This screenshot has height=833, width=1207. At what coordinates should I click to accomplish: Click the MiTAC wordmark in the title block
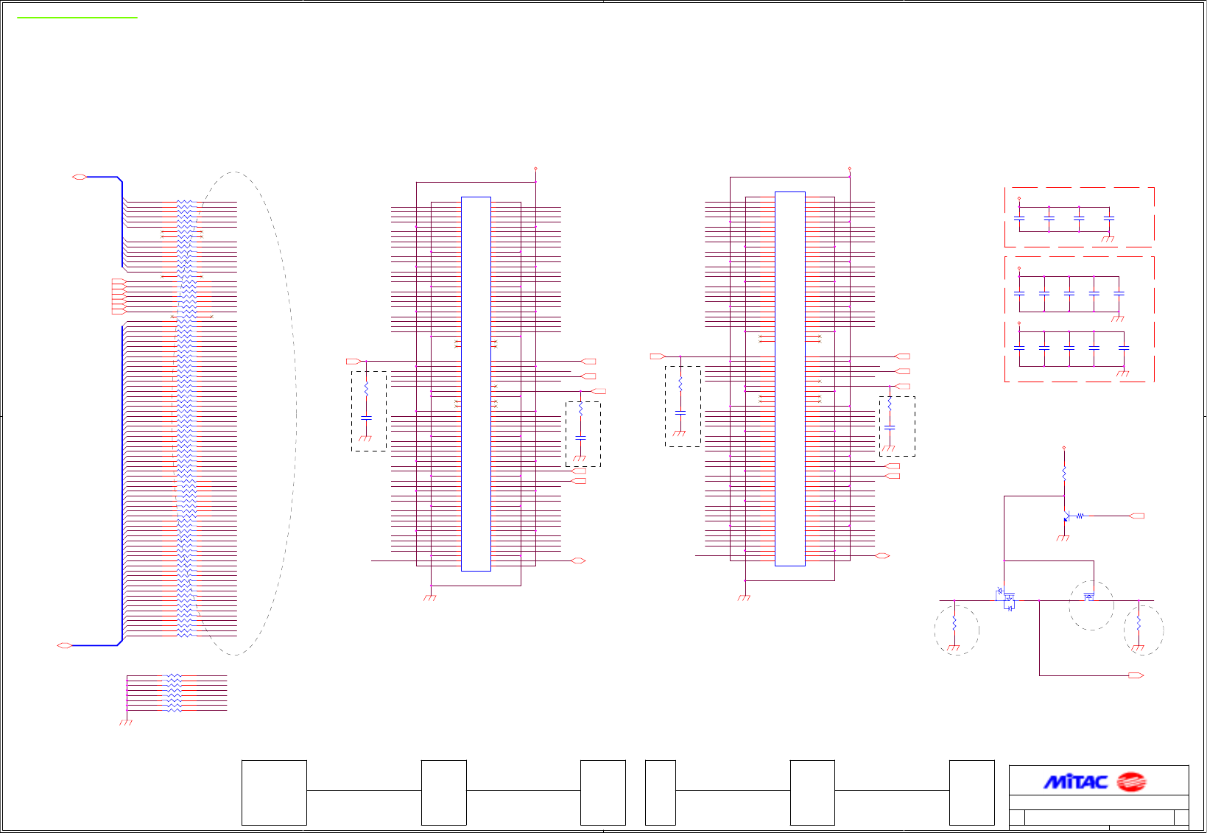point(1075,781)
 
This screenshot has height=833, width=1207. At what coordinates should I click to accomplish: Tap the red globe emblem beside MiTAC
point(1131,781)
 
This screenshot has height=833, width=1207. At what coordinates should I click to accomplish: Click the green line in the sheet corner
point(77,17)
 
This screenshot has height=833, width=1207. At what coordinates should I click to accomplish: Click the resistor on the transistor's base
point(1080,516)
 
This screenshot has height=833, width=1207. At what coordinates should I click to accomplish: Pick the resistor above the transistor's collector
point(1064,472)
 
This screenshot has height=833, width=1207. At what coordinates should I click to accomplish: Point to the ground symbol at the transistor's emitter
point(1063,538)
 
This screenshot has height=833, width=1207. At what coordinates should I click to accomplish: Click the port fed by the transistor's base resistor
point(1136,516)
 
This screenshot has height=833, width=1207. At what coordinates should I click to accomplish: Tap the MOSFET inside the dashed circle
point(1089,596)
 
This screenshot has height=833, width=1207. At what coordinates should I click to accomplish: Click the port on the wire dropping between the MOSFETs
point(1136,675)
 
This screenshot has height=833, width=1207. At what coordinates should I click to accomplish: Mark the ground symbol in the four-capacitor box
point(1107,239)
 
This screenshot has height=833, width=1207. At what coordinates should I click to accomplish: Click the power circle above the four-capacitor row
point(1019,198)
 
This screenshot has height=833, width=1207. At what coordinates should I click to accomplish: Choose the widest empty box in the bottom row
point(274,792)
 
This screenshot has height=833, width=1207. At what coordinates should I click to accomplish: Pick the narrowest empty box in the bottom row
point(660,792)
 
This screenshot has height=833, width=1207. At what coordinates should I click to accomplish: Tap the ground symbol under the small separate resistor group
point(126,723)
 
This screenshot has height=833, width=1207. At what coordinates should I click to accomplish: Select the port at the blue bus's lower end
point(65,645)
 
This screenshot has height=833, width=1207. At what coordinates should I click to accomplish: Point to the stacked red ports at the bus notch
point(118,297)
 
